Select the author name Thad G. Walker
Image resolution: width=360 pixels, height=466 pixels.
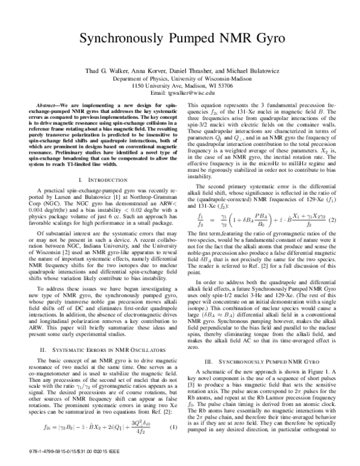117,71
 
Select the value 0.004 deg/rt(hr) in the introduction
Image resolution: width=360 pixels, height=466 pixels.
34,184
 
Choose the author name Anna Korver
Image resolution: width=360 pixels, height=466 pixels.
157,71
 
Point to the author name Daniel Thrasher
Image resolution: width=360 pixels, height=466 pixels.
198,71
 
